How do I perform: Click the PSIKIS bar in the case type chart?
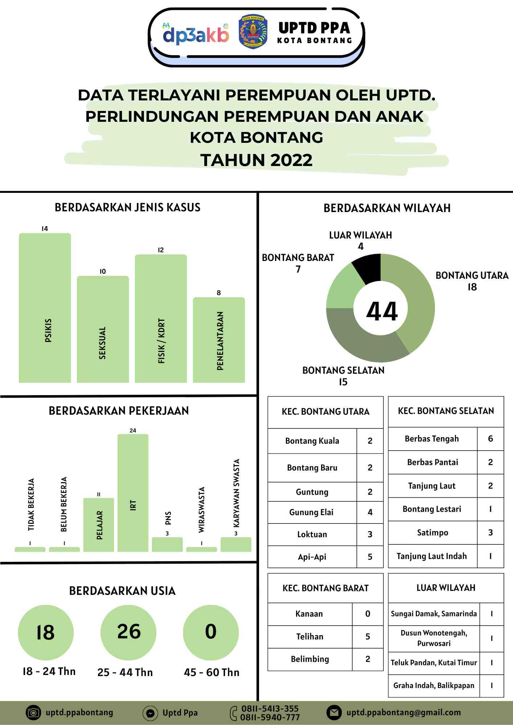coord(45,308)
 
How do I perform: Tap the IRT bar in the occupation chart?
coord(133,493)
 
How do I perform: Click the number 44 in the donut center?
coord(382,311)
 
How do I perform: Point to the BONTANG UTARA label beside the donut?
coord(472,276)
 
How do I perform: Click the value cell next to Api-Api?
coord(370,557)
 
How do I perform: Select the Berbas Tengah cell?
coord(432,439)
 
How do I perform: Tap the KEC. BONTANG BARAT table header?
coord(325,588)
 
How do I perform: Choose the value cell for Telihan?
coord(368,637)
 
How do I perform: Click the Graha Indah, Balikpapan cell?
coord(434,685)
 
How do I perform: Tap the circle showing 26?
coord(128,632)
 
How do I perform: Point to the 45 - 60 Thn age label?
coord(212,672)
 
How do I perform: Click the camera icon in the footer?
coord(33,712)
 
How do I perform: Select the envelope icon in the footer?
coord(334,712)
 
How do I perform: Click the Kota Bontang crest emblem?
coord(253,32)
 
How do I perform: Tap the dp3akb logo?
coord(196,34)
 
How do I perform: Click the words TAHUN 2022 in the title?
coord(256,160)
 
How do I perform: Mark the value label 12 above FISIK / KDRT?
coord(161,250)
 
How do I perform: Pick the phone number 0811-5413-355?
coord(270,708)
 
